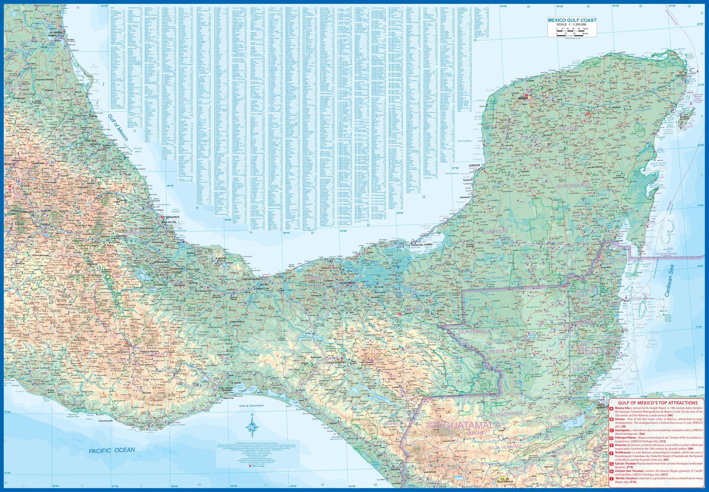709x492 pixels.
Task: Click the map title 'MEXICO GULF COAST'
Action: (x=572, y=20)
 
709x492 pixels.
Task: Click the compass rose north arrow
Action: (x=252, y=425)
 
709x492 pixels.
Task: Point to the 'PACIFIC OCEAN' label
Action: (x=112, y=450)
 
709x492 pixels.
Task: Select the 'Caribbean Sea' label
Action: (x=670, y=281)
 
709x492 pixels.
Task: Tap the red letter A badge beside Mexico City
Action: (x=612, y=408)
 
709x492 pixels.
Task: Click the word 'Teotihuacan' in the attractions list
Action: (x=624, y=452)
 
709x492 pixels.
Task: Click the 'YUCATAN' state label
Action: (x=567, y=129)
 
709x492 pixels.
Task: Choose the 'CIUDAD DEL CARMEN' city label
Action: (x=422, y=244)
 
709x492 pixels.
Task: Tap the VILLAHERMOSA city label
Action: (x=346, y=282)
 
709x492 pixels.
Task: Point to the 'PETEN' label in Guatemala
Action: (x=497, y=352)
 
